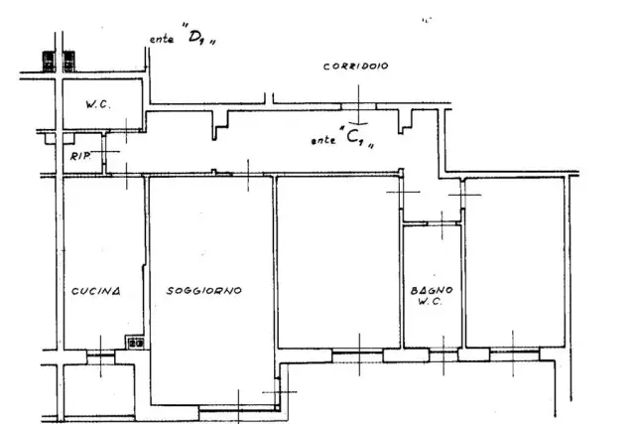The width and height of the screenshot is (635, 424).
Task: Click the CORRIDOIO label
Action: click(355, 67)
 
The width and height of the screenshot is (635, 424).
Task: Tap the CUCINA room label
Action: click(96, 291)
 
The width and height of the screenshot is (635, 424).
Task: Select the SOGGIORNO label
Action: click(204, 290)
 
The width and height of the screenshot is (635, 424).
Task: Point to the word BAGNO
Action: click(432, 290)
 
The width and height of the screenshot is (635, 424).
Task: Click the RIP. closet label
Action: click(80, 156)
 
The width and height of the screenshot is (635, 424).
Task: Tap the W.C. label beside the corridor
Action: click(97, 104)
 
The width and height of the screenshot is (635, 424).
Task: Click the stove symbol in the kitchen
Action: click(135, 343)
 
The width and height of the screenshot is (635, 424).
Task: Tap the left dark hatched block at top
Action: click(49, 62)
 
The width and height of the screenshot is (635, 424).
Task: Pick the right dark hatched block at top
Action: click(68, 62)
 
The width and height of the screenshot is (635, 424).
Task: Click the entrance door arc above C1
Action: click(358, 123)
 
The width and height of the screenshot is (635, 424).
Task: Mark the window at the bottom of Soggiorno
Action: click(238, 408)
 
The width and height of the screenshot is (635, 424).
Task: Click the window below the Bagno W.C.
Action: click(444, 355)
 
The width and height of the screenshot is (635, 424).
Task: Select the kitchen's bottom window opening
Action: click(101, 355)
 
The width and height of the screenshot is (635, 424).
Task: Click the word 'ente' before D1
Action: click(162, 40)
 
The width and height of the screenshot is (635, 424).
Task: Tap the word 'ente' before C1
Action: click(323, 140)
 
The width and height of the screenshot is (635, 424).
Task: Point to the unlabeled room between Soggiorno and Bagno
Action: click(338, 262)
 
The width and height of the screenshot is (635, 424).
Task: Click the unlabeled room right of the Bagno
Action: click(515, 262)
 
